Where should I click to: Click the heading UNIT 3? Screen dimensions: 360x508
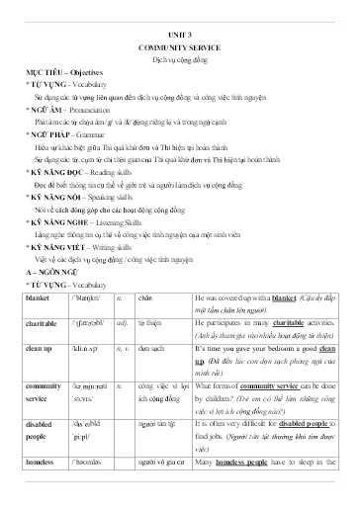(x=179, y=33)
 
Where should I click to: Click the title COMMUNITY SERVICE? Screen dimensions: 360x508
(x=179, y=47)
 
